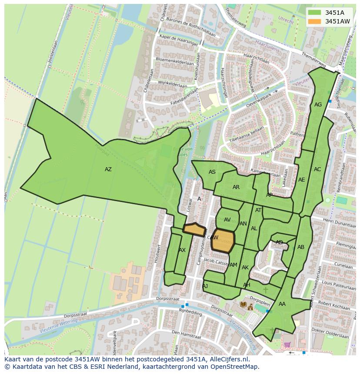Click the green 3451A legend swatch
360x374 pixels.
pos(315,13)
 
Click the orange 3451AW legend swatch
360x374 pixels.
pos(315,21)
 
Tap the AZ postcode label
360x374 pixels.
pos(108,169)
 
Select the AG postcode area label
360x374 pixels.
pos(318,105)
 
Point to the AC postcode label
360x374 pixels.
pos(317,169)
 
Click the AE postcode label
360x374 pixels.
pos(301,180)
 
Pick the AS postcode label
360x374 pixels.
pos(212,172)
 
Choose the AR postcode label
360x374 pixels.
pos(236,187)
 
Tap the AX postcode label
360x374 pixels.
pos(182,250)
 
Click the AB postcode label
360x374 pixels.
pos(301,247)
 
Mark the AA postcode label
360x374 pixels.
pos(282,304)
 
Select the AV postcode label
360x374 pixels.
pos(227,220)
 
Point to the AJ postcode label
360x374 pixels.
pos(205,286)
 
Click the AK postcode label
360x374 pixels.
pos(245,268)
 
